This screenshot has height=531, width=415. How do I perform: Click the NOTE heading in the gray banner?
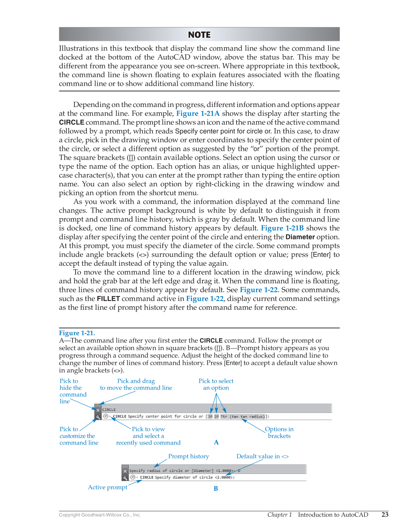[x=199, y=35]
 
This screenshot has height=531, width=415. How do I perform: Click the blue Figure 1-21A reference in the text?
[x=198, y=113]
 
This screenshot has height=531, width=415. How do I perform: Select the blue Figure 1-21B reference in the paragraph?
[x=282, y=228]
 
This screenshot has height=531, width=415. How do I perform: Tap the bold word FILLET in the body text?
[x=108, y=299]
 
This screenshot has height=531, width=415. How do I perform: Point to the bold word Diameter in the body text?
[x=300, y=237]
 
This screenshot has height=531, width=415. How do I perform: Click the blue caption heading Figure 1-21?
[x=77, y=333]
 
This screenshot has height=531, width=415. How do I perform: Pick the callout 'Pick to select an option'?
[x=216, y=384]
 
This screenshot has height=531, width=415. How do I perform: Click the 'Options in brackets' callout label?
[x=279, y=432]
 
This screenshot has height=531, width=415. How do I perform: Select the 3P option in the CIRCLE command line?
[x=210, y=416]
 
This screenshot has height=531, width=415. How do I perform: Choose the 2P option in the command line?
[x=216, y=416]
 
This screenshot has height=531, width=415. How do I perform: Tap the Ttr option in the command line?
[x=224, y=416]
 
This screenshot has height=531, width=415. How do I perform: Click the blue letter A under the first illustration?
[x=216, y=442]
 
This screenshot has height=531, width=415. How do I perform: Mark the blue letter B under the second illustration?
[x=216, y=489]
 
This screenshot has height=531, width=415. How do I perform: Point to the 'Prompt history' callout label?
[x=188, y=456]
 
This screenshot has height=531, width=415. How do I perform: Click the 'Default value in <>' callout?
[x=262, y=456]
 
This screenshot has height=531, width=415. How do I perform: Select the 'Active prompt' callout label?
[x=108, y=487]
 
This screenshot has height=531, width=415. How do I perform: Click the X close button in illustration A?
[x=98, y=410]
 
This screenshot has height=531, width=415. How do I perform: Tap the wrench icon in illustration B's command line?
[x=125, y=478]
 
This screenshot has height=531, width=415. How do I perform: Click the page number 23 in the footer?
[x=385, y=514]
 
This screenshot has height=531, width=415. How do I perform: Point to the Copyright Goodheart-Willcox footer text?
[x=100, y=515]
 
